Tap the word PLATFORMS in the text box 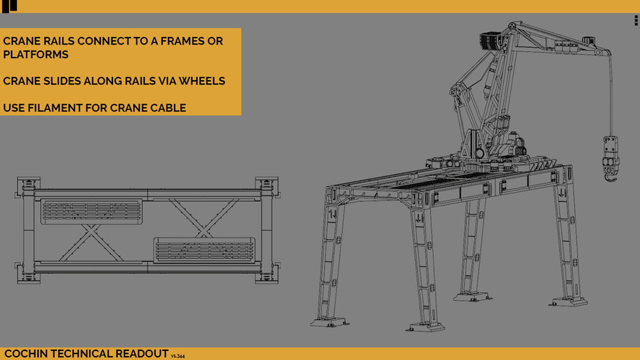(x=36, y=55)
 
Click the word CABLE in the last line (x=167, y=108)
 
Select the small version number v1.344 (x=178, y=355)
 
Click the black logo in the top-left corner (x=10, y=6)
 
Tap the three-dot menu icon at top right (x=636, y=21)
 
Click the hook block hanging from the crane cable (x=610, y=157)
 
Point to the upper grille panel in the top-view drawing (x=91, y=211)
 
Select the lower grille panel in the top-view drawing (x=204, y=249)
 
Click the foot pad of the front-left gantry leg (x=327, y=321)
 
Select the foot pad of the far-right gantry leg (x=570, y=301)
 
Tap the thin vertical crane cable (x=610, y=97)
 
